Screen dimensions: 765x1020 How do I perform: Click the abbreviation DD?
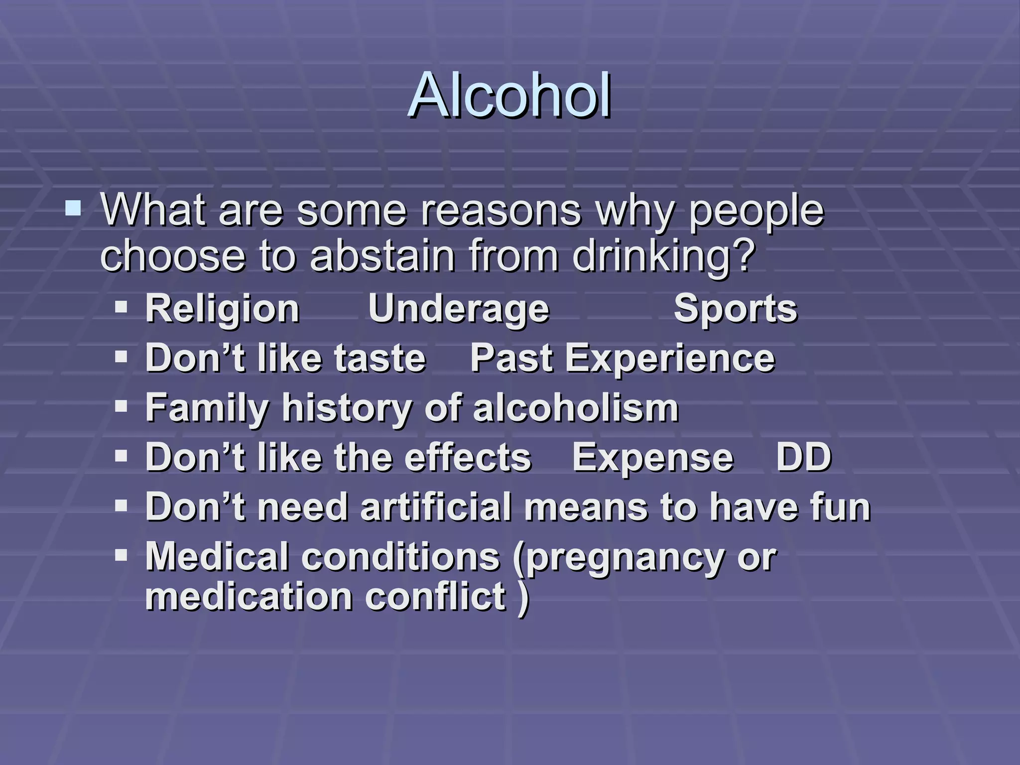[x=804, y=457]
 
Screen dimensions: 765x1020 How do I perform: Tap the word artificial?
[x=436, y=507]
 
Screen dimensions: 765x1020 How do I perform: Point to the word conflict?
[x=436, y=597]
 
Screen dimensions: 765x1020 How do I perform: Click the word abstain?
[x=382, y=256]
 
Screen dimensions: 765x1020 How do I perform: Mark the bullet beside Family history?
[x=121, y=406]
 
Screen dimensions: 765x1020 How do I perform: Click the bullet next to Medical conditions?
[x=121, y=554]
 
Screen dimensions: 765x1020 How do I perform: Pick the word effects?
[x=468, y=457]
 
